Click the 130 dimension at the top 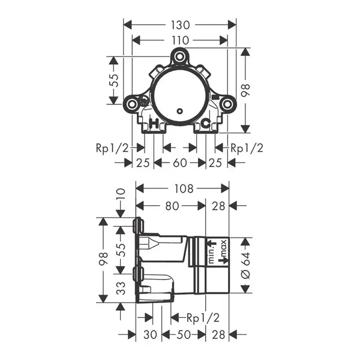pyautogui.click(x=180, y=25)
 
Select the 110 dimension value pyautogui.click(x=180, y=41)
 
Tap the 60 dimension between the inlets pyautogui.click(x=180, y=163)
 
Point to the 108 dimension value pyautogui.click(x=184, y=189)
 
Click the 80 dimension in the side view pyautogui.click(x=172, y=206)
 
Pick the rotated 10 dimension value pyautogui.click(x=121, y=194)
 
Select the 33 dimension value pyautogui.click(x=121, y=288)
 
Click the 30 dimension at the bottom pyautogui.click(x=150, y=335)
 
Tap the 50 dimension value pyautogui.click(x=184, y=335)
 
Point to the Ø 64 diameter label pyautogui.click(x=245, y=265)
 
